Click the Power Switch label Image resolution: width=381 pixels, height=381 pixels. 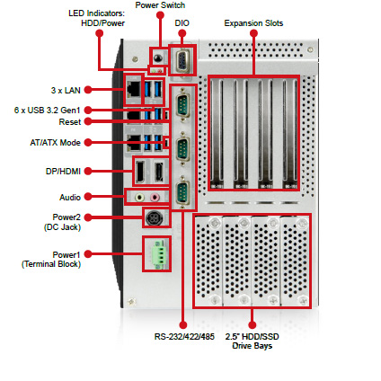(160, 5)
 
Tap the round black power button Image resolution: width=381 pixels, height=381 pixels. (157, 58)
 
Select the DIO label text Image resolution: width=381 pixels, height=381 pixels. (182, 23)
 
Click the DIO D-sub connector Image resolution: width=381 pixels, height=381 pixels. (182, 60)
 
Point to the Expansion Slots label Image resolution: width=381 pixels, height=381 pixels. (253, 23)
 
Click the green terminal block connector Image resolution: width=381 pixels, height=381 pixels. (159, 253)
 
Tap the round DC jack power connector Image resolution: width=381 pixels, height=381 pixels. (155, 217)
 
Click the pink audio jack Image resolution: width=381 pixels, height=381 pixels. (155, 197)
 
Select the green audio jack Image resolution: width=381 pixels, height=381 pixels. (139, 197)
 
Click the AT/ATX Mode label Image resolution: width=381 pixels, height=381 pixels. (56, 143)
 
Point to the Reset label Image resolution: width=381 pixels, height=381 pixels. (70, 122)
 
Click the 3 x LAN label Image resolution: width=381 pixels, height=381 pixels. (66, 90)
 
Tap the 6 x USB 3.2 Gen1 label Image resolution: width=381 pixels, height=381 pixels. (48, 111)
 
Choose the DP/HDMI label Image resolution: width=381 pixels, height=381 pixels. (63, 172)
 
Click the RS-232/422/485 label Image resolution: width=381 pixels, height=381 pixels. (184, 337)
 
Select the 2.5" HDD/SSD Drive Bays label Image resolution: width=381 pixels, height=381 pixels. (253, 341)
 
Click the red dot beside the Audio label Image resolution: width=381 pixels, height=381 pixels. (88, 197)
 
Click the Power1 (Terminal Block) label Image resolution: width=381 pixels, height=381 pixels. (51, 260)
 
